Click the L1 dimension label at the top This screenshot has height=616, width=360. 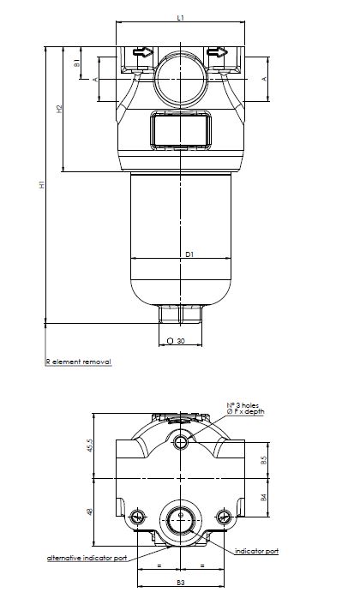180,16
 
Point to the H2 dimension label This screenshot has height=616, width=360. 59,109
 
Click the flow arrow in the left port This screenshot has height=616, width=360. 142,53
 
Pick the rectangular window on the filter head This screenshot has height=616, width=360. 181,133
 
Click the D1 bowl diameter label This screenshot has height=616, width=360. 190,254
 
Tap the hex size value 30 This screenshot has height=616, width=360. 181,341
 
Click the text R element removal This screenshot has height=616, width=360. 78,362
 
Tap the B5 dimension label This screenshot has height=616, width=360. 264,460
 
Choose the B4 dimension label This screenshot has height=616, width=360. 264,496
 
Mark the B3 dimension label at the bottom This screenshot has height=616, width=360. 181,583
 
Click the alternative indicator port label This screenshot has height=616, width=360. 87,558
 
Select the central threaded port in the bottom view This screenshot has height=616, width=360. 181,517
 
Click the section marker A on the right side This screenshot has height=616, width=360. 263,79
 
